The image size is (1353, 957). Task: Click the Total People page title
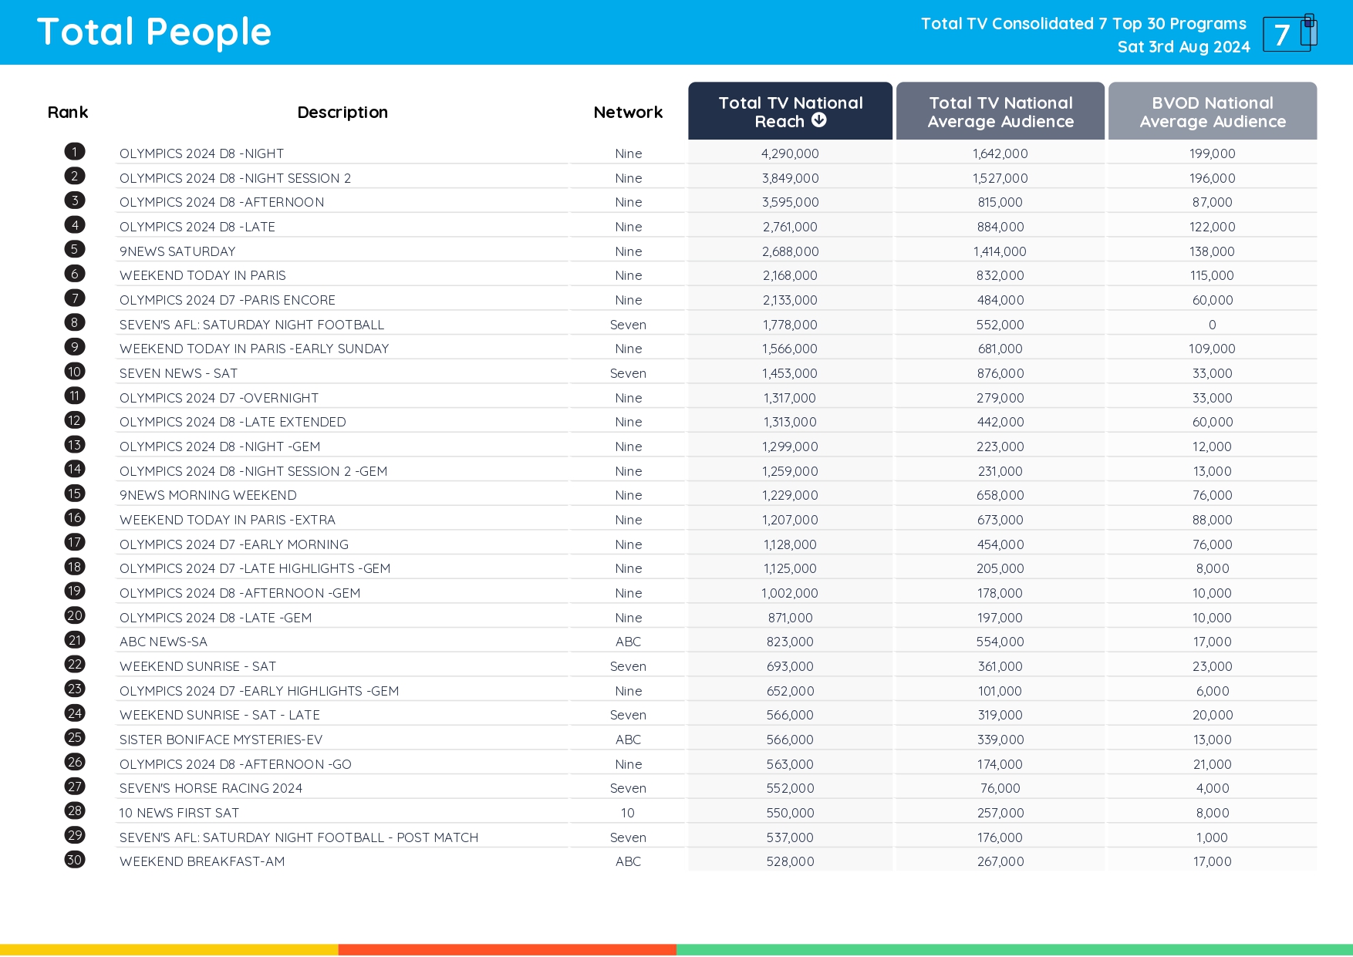[x=154, y=32]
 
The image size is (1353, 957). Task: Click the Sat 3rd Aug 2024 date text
[x=1183, y=47]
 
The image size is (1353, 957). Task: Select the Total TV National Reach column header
[x=790, y=112]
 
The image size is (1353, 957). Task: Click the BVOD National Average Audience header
[x=1212, y=112]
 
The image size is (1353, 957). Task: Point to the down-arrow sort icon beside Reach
[x=819, y=120]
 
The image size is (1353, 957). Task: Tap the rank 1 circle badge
[x=75, y=152]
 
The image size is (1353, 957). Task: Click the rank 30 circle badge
[x=75, y=860]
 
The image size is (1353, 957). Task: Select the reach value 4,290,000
[x=790, y=153]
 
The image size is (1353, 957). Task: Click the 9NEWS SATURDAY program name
[x=177, y=251]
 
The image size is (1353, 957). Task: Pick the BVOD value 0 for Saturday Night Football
[x=1212, y=325]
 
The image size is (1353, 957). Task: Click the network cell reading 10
[x=628, y=813]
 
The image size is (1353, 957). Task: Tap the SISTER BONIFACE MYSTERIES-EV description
[x=221, y=740]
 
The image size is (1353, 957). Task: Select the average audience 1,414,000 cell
[x=1000, y=251]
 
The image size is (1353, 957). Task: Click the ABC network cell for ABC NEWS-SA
[x=628, y=642]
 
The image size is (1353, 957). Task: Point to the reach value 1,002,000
[x=790, y=593]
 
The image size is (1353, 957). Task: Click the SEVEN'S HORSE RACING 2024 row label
[x=211, y=788]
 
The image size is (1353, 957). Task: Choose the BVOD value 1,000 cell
[x=1212, y=837]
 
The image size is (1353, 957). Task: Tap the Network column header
[x=628, y=113]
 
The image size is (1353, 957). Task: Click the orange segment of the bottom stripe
[x=507, y=950]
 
